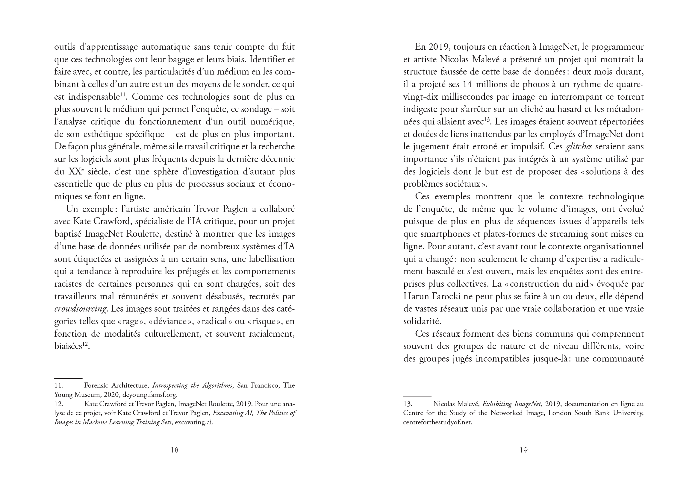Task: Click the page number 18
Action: coord(174,450)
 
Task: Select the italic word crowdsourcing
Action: coord(81,309)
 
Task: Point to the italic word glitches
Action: coord(579,147)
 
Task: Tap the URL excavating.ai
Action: coord(194,423)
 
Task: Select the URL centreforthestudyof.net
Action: coord(437,423)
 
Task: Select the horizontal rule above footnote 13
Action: coord(417,397)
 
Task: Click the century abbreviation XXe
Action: coord(76,171)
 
